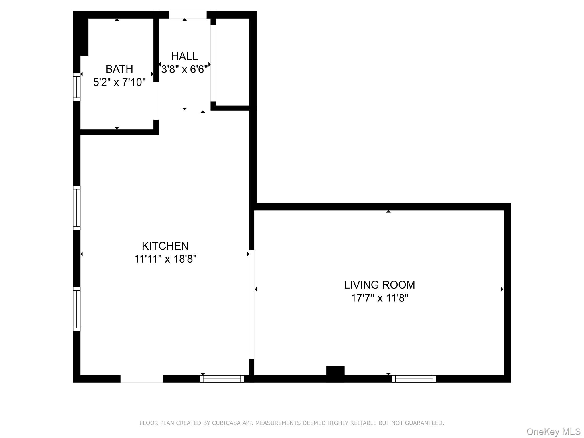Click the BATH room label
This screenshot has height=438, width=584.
tap(119, 69)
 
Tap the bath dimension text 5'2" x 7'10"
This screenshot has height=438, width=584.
tap(119, 82)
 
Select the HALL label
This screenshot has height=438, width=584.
tap(184, 56)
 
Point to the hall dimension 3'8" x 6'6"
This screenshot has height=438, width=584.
tap(184, 69)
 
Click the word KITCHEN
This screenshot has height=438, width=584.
tap(165, 246)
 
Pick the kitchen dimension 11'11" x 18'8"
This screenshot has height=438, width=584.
tap(165, 259)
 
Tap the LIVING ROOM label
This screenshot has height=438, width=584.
tap(379, 285)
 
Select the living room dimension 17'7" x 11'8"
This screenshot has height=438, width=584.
tap(379, 298)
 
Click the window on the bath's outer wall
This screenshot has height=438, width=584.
tap(76, 87)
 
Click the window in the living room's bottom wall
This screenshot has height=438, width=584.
tap(414, 379)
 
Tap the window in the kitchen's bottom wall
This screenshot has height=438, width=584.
tap(222, 379)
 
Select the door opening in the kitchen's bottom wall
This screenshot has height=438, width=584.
tap(141, 379)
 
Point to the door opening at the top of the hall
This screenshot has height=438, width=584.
tap(188, 15)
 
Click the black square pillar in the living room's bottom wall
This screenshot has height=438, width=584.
tap(335, 373)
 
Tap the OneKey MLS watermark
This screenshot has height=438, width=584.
tap(553, 432)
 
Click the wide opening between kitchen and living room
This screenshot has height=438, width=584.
tap(252, 304)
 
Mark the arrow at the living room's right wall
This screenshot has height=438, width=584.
tap(502, 289)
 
